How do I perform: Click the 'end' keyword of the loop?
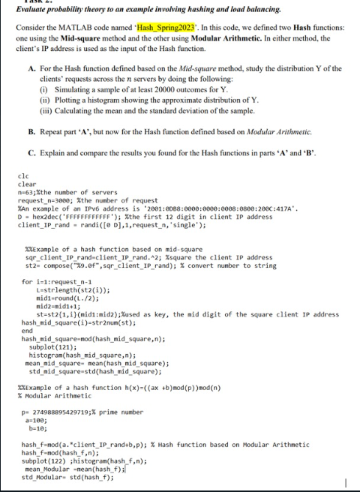pos(26,330)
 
